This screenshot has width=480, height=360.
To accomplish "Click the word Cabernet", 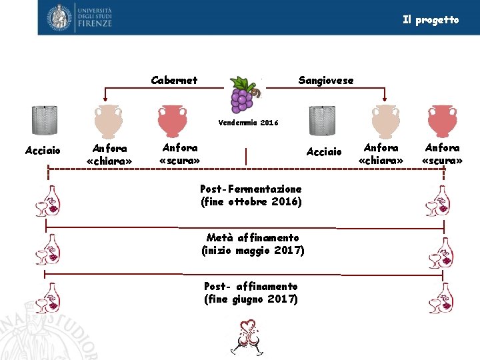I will (x=174, y=80).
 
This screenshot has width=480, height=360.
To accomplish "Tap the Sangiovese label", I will (x=326, y=80).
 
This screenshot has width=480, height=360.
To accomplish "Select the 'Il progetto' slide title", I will (x=431, y=20).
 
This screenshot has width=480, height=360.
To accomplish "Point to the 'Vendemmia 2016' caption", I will (x=248, y=123).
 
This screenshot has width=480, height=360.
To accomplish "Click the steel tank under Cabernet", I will (x=45, y=120).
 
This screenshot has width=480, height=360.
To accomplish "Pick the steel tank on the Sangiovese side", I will (x=323, y=121).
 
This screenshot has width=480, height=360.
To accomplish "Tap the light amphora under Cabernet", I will (x=108, y=121).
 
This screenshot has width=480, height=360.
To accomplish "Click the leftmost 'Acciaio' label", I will (x=43, y=151).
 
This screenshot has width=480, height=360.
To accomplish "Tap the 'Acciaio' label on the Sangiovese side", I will (x=324, y=152).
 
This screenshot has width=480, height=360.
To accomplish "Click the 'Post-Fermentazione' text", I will (x=251, y=189).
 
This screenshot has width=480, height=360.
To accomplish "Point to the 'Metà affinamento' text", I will (x=253, y=237).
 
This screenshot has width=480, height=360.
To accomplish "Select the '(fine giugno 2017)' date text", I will (x=251, y=299).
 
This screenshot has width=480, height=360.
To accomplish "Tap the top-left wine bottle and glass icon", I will (x=47, y=201).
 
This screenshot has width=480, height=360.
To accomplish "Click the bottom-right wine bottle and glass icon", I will (x=441, y=297).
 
